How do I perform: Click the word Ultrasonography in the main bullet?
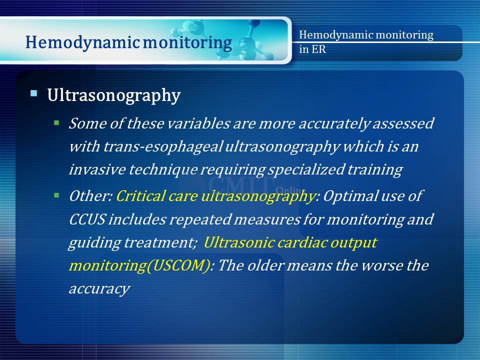[114, 95]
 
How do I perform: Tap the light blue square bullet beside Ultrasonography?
[33, 93]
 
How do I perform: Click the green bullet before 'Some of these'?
[56, 123]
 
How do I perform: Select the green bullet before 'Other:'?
[56, 195]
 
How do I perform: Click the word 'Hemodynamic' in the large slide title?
[82, 42]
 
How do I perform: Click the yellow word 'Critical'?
[140, 196]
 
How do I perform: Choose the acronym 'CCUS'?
[87, 219]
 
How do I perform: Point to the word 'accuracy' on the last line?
[99, 289]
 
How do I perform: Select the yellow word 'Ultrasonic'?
[239, 242]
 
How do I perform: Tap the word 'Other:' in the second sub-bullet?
[91, 196]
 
